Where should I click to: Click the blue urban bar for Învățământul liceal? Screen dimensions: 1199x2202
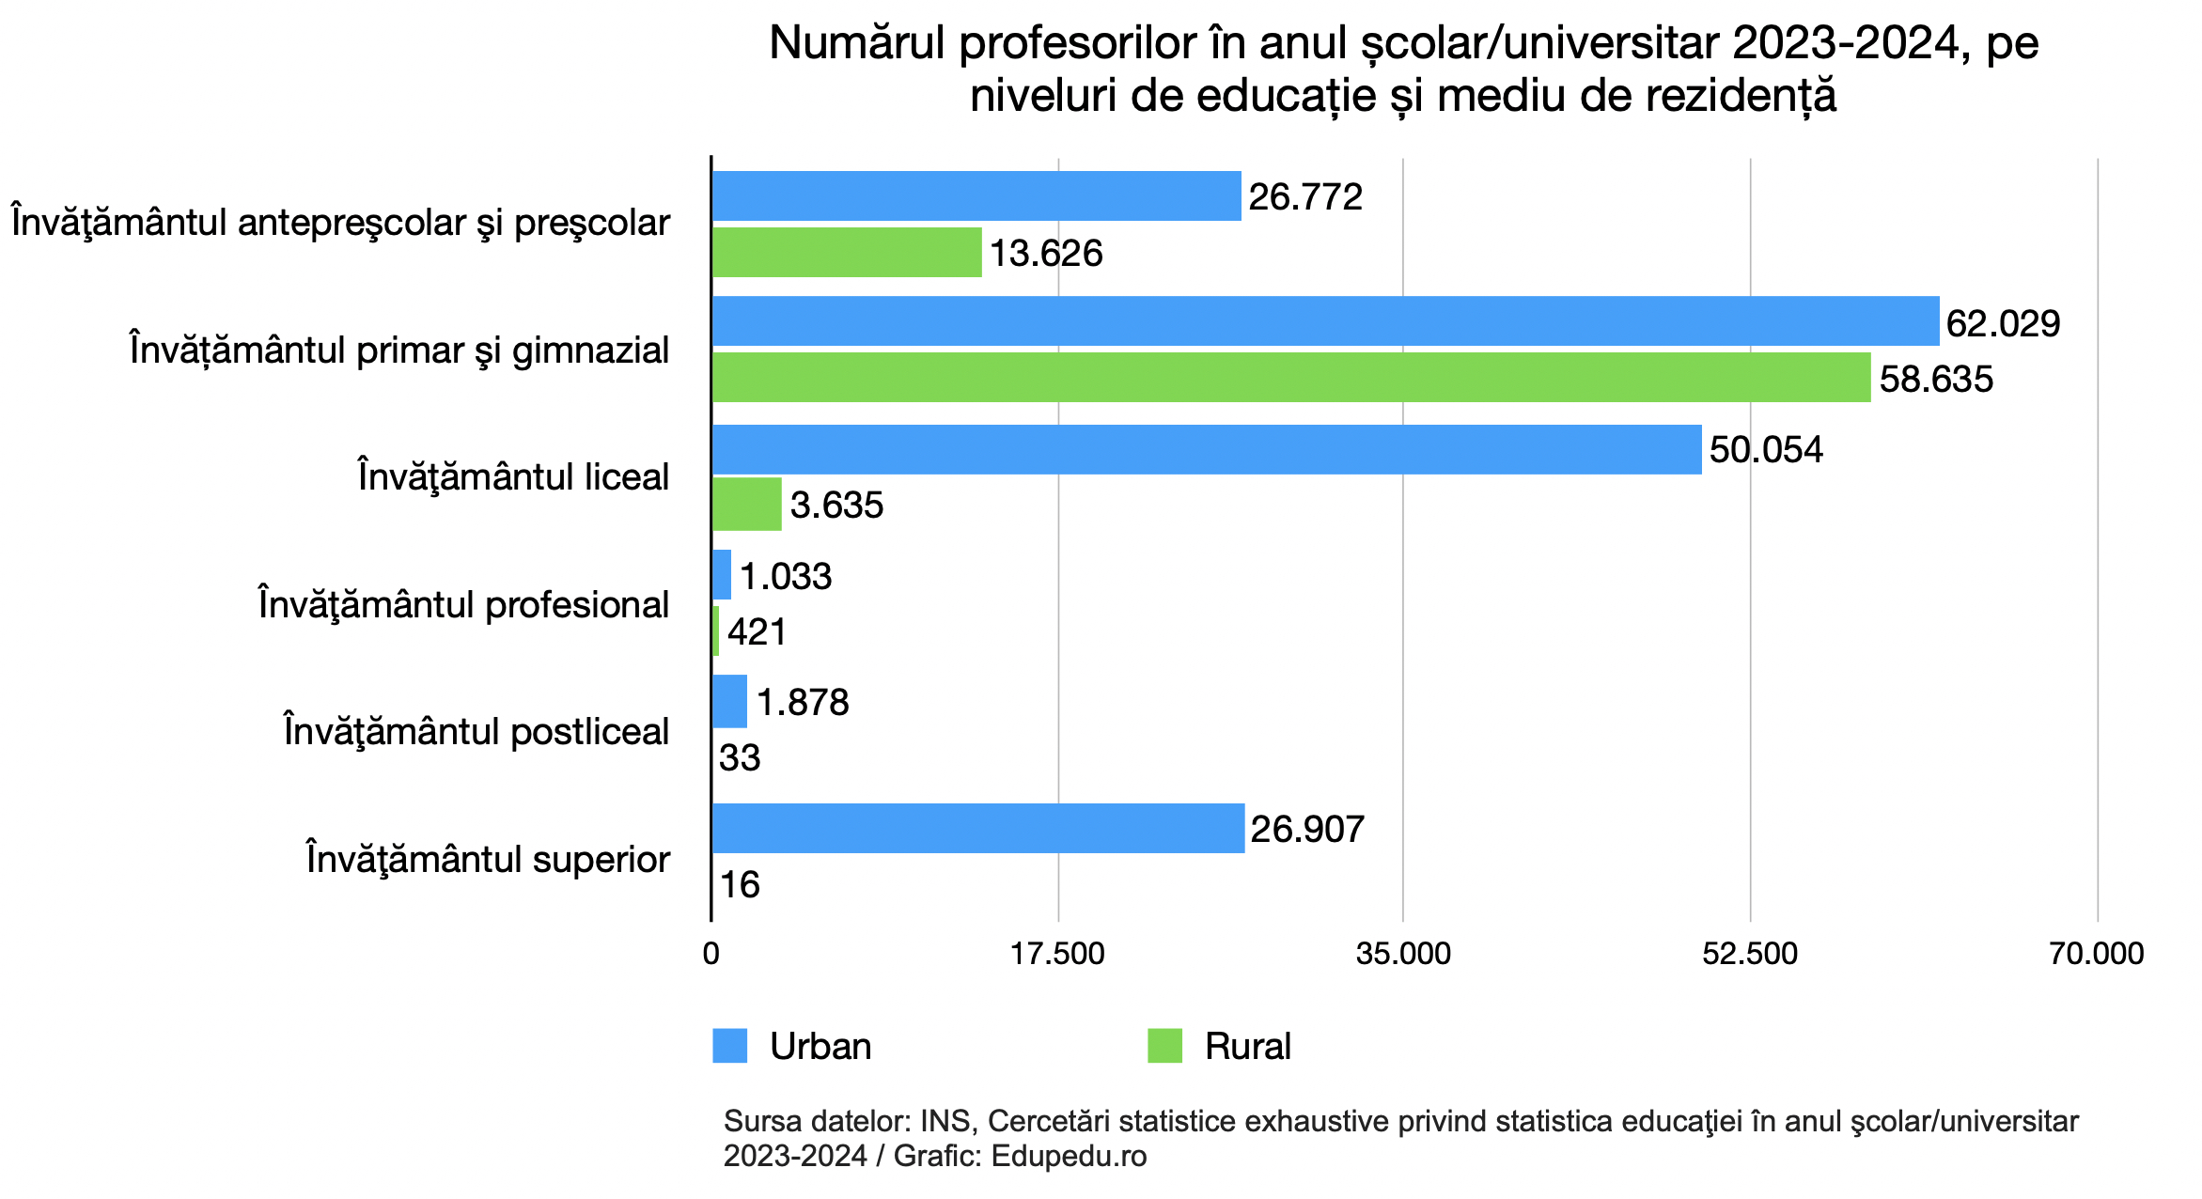coord(1207,449)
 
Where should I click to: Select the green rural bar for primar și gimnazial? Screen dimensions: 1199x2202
coord(1291,378)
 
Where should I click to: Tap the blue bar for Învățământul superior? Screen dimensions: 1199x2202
coord(978,828)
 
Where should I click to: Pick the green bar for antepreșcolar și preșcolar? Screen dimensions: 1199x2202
coord(847,252)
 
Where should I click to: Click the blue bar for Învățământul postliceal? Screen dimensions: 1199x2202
coord(730,701)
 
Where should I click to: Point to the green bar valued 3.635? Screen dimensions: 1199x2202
coord(747,505)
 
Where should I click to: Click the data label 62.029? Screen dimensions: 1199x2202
coord(2003,323)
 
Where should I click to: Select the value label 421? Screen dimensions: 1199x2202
coord(757,631)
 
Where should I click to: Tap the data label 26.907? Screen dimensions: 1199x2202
coord(1307,829)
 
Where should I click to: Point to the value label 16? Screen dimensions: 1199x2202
coord(740,884)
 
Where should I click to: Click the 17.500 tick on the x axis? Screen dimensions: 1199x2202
coord(1057,954)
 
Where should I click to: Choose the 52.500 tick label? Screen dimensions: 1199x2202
coord(1750,954)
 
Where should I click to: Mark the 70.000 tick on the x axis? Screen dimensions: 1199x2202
coord(2097,954)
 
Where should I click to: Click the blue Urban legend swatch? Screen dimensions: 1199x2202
coord(730,1046)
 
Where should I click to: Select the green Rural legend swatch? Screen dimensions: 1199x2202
coord(1164,1046)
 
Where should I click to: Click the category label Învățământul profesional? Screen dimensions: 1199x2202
coord(463,604)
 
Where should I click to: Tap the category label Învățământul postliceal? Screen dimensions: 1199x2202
coord(476,731)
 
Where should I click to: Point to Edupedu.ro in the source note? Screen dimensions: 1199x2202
coord(1069,1156)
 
